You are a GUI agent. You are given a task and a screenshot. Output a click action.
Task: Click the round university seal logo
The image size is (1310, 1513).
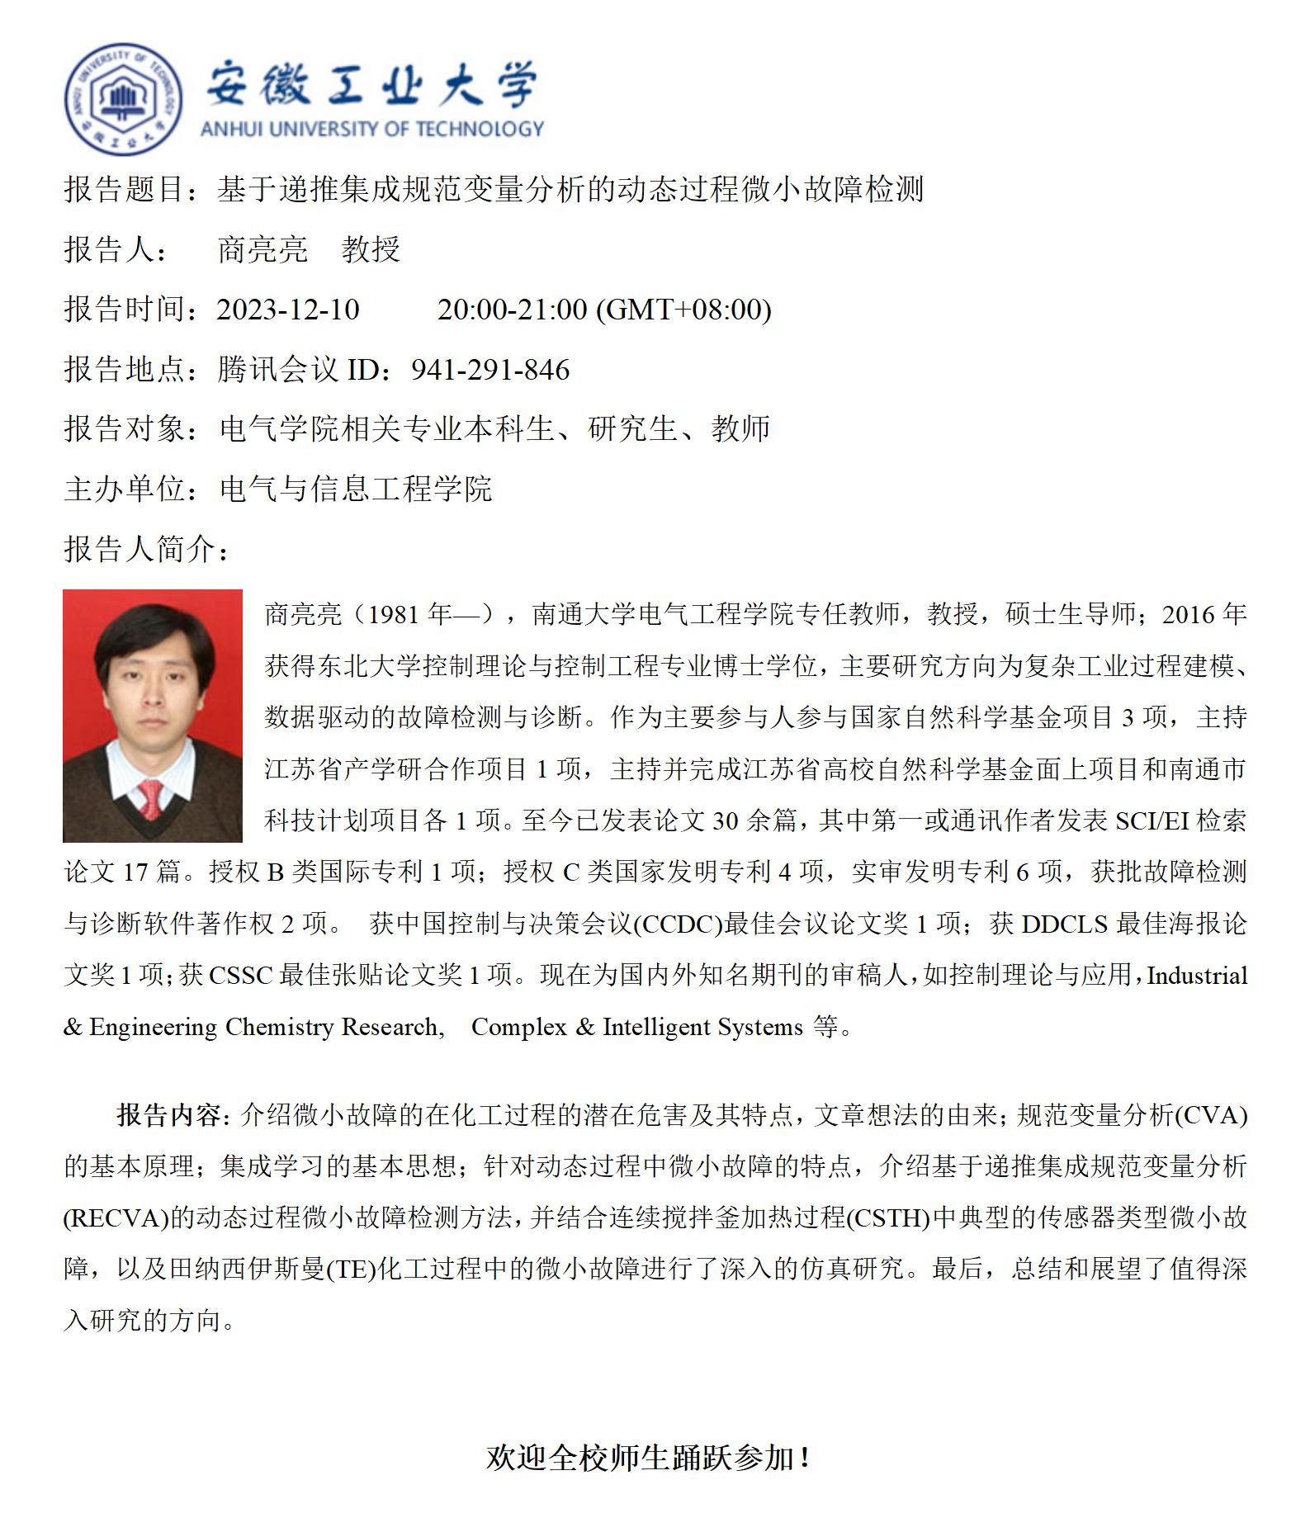pyautogui.click(x=124, y=99)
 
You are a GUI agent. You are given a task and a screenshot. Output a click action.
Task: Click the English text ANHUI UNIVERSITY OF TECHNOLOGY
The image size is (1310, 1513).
pyautogui.click(x=372, y=129)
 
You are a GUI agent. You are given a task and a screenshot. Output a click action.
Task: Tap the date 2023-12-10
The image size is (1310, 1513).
pyautogui.click(x=288, y=310)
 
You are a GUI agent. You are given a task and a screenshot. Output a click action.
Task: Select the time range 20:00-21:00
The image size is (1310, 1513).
pyautogui.click(x=512, y=310)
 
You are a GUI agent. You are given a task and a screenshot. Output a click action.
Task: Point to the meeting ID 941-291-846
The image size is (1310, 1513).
pyautogui.click(x=490, y=370)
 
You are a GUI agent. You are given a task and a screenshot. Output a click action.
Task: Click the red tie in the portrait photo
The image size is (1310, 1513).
pyautogui.click(x=151, y=797)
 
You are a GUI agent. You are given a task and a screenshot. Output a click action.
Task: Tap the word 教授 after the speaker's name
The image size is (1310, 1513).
pyautogui.click(x=371, y=249)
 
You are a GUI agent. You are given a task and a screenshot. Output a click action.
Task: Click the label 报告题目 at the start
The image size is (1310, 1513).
pyautogui.click(x=124, y=190)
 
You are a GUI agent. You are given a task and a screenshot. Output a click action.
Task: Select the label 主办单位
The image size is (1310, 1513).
pyautogui.click(x=124, y=489)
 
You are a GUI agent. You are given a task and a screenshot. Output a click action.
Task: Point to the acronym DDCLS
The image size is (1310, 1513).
pyautogui.click(x=1064, y=924)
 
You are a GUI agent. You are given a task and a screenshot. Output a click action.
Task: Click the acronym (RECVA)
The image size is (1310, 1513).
pyautogui.click(x=116, y=1218)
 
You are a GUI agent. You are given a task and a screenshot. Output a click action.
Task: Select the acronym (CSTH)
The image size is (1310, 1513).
pyautogui.click(x=888, y=1218)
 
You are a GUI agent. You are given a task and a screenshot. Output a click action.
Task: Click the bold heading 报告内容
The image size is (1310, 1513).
pyautogui.click(x=168, y=1116)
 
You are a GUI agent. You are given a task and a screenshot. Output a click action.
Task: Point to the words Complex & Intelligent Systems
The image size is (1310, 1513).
pyautogui.click(x=636, y=1028)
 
